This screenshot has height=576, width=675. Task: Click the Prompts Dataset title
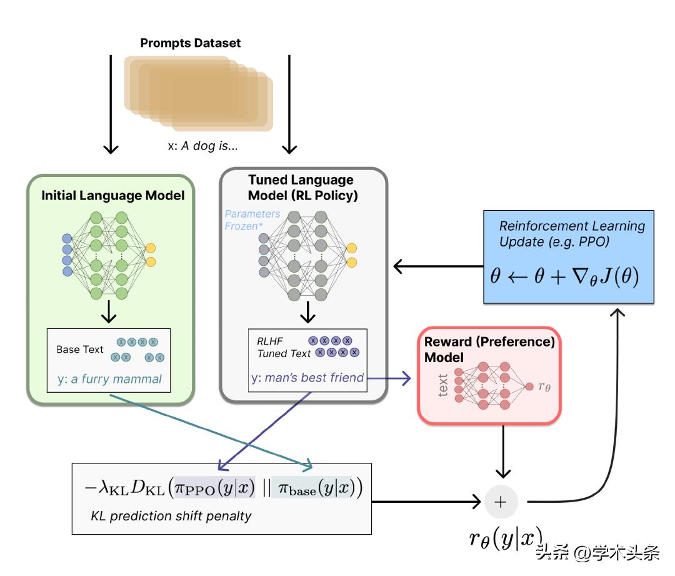(x=190, y=43)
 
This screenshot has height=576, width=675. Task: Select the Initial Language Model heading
(x=113, y=196)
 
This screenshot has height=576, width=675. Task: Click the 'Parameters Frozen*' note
(x=252, y=220)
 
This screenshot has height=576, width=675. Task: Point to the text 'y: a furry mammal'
(x=109, y=378)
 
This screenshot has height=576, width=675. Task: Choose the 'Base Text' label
(x=79, y=349)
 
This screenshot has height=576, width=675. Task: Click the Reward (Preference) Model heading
(x=489, y=350)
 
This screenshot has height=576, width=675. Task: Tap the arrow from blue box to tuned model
(x=437, y=267)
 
